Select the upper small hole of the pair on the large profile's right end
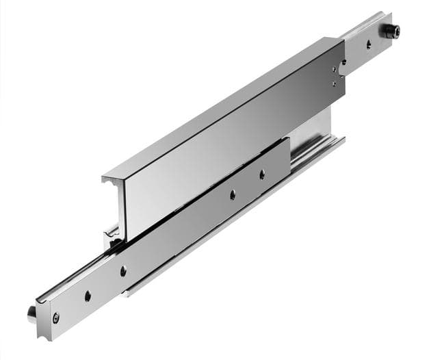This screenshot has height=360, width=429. [335, 68]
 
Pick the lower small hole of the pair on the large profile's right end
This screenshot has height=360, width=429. [335, 83]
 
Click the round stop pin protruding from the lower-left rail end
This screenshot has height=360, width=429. [32, 313]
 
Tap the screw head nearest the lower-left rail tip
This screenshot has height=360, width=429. [55, 317]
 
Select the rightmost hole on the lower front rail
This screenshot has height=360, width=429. [261, 175]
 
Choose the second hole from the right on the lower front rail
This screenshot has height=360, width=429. [232, 195]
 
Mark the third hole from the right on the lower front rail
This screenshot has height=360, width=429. [123, 270]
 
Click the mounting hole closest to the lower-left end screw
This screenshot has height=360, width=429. [88, 296]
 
